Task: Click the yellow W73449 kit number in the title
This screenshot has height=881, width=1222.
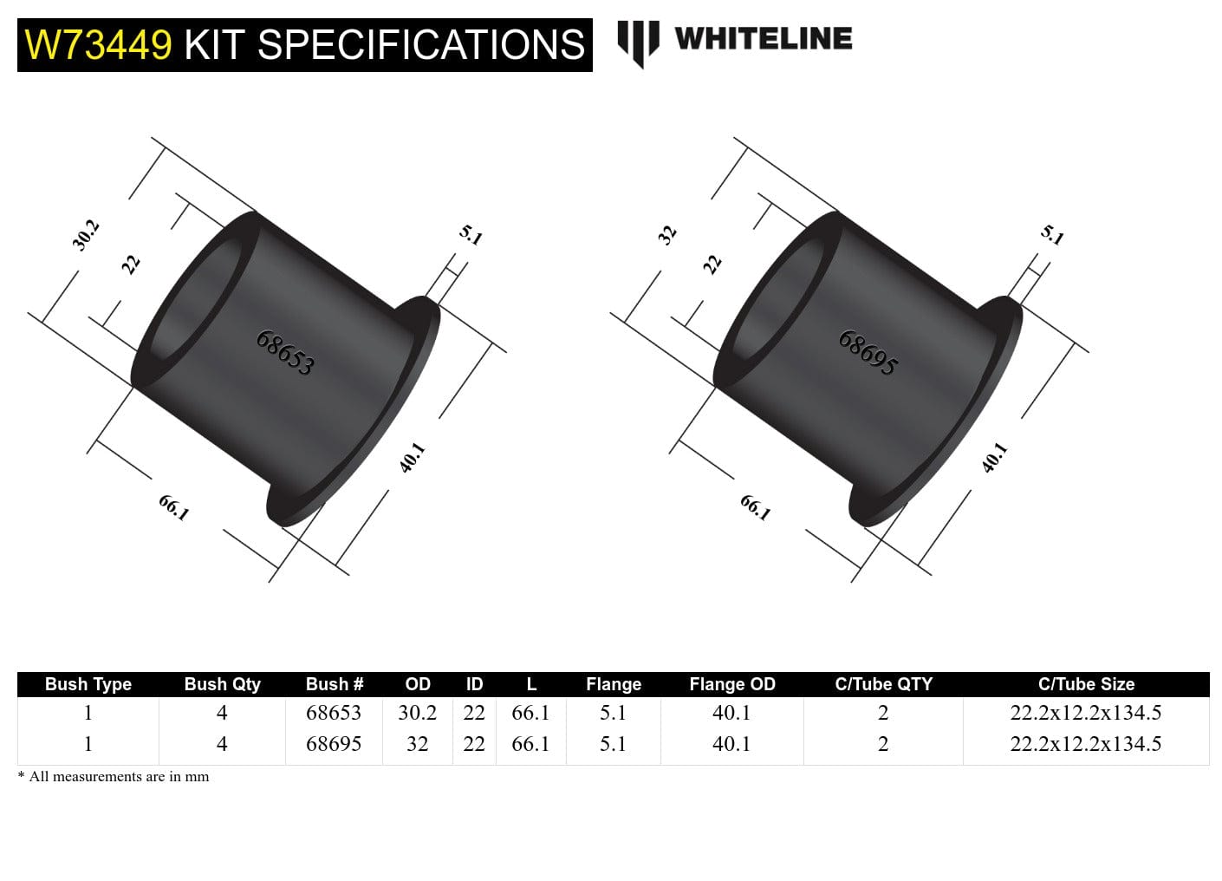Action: [98, 45]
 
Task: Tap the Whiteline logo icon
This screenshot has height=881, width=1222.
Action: [638, 42]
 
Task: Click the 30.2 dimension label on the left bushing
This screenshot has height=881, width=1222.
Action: [86, 235]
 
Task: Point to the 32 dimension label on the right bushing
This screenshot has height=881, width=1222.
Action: [666, 235]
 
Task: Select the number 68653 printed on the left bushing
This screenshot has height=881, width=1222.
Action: [285, 352]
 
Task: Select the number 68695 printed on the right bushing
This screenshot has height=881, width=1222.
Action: [868, 352]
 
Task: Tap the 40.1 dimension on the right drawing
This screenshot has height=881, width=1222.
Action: [994, 457]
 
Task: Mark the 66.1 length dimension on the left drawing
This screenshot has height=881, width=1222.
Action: [173, 507]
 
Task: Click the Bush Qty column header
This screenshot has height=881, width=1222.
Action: [222, 684]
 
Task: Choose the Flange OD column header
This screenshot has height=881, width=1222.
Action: [731, 684]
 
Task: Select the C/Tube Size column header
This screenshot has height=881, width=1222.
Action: [1085, 684]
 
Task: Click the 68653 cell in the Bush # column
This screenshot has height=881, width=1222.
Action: [334, 713]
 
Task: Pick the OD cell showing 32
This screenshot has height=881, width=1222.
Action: [417, 744]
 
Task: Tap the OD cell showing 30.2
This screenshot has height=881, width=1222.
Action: [417, 713]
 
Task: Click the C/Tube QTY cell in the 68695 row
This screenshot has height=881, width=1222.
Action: [882, 744]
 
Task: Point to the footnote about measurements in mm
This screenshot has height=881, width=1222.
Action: [114, 777]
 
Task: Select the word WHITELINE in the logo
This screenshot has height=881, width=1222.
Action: [763, 39]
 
